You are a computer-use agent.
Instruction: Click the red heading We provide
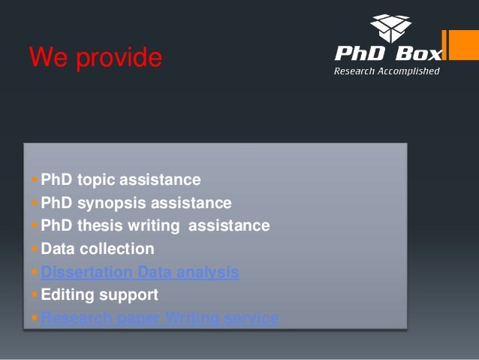[95, 58]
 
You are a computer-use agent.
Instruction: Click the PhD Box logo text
[388, 54]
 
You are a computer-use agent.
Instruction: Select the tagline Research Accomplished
[387, 71]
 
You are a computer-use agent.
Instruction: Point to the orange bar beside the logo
[455, 45]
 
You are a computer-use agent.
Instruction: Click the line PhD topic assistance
[120, 180]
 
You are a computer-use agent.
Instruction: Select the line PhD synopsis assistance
[136, 203]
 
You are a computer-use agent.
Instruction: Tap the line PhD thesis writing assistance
[155, 225]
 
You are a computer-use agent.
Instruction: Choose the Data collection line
[98, 249]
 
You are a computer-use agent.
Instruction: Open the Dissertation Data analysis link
[140, 272]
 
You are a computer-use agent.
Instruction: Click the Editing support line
[99, 295]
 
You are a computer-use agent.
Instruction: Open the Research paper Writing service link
[160, 318]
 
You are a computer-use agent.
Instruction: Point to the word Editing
[66, 295]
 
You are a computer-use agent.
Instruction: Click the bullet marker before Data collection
[34, 249]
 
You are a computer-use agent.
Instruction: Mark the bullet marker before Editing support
[34, 295]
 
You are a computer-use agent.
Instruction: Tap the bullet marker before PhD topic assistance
[34, 180]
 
